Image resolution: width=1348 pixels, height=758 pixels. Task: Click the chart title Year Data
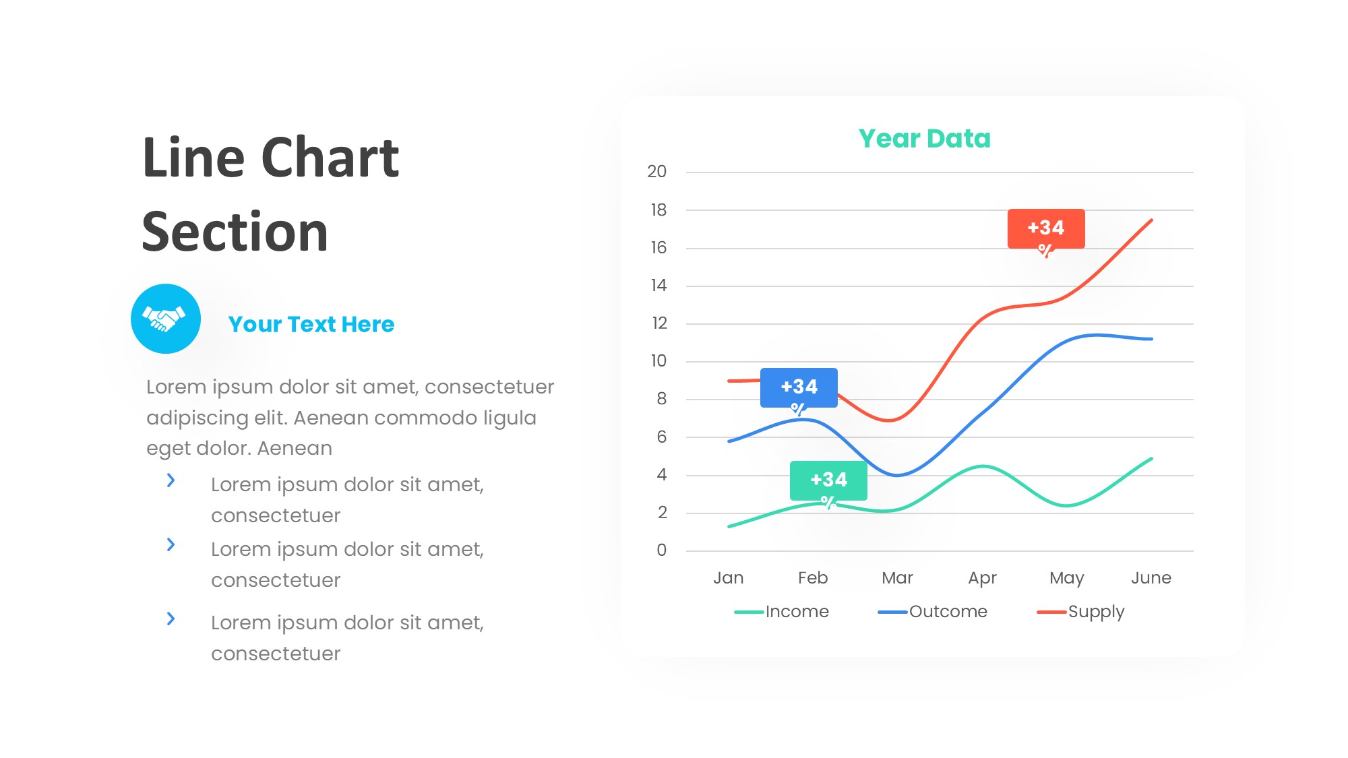click(x=924, y=139)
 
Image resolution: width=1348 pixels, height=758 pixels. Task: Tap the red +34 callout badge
click(x=1045, y=228)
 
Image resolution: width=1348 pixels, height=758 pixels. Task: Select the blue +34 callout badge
click(x=799, y=387)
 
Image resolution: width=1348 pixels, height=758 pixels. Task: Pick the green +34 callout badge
click(x=828, y=480)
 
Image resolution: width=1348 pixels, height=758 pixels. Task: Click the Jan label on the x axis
click(x=729, y=578)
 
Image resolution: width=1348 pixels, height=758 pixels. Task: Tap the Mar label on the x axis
click(x=897, y=578)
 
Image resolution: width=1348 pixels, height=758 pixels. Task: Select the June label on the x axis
click(x=1151, y=578)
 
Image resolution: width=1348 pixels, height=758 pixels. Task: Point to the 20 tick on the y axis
click(x=656, y=172)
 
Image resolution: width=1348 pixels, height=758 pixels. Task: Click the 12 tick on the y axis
click(x=658, y=323)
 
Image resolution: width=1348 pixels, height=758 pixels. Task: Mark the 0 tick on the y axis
click(x=661, y=550)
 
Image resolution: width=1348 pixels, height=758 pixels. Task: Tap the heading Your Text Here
click(x=311, y=325)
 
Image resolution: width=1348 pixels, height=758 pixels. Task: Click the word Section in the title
click(x=235, y=232)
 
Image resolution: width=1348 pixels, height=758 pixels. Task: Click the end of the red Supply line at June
click(x=1151, y=220)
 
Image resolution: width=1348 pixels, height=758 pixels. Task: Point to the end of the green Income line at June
click(x=1151, y=459)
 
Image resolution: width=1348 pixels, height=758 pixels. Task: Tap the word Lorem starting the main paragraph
click(x=177, y=387)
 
